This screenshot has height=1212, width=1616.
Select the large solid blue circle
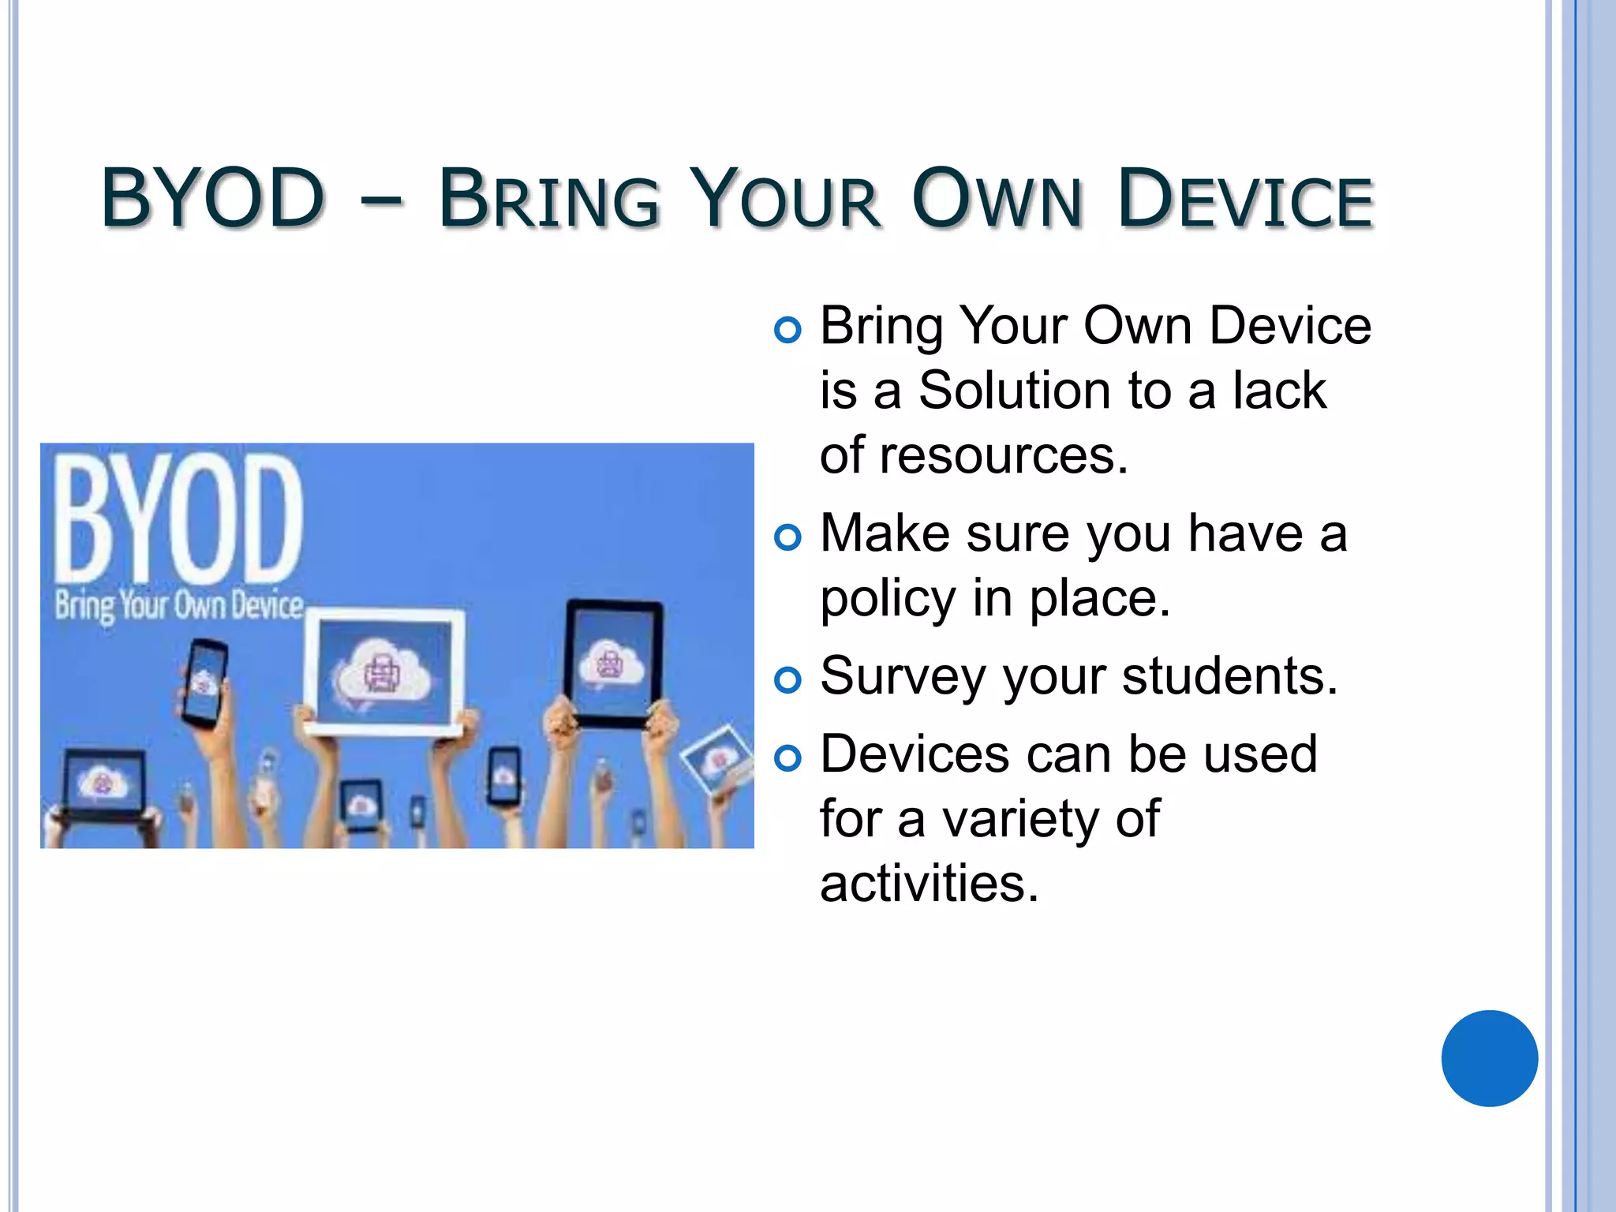[x=1489, y=1058]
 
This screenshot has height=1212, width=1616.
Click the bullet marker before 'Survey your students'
[x=787, y=679]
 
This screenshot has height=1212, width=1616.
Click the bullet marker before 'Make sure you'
[x=787, y=537]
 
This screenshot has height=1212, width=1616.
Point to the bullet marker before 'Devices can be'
[x=787, y=758]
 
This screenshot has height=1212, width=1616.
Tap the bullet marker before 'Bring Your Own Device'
[x=787, y=329]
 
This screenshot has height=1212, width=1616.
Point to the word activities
[x=929, y=884]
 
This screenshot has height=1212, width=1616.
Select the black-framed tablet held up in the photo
[x=613, y=663]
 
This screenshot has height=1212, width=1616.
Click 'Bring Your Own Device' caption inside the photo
[x=178, y=606]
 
